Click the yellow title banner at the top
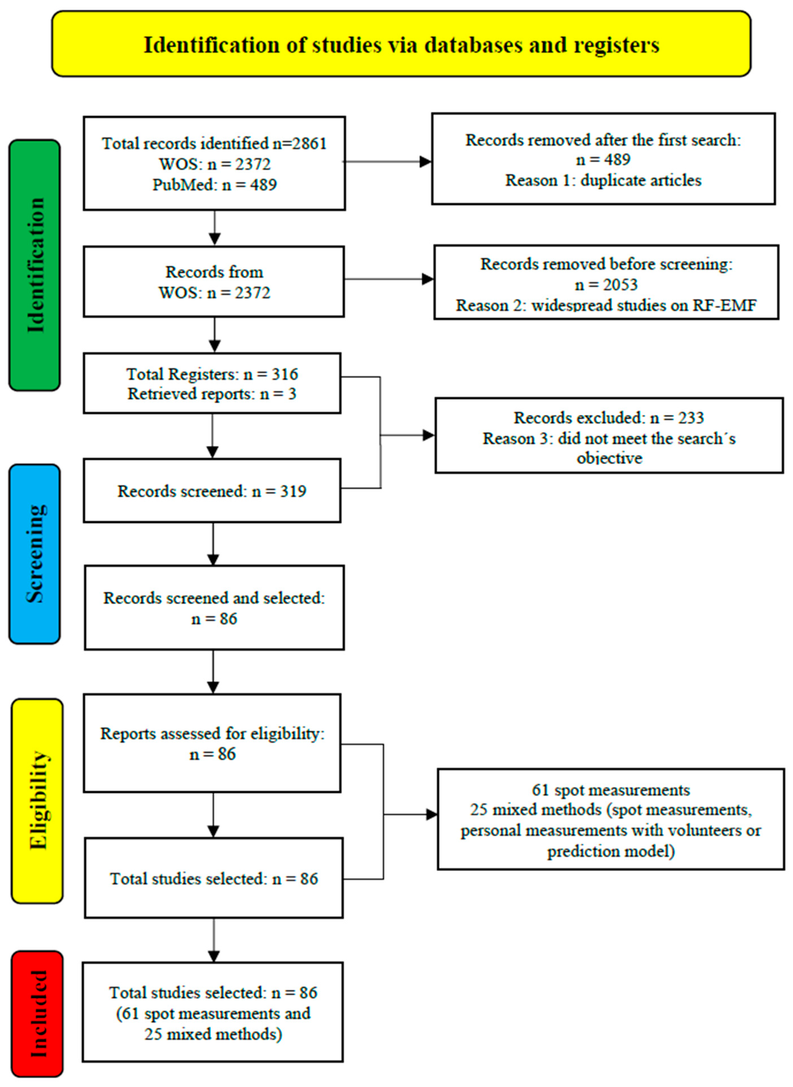pos(401,44)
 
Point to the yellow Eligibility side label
pos(37,801)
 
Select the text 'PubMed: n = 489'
pos(214,185)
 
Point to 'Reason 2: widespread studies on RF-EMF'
pos(606,306)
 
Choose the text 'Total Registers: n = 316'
pos(212,374)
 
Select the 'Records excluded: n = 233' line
pos(609,418)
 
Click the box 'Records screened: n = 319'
pos(212,491)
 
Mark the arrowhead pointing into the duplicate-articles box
pos(425,162)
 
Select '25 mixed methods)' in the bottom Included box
pos(213,1034)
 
